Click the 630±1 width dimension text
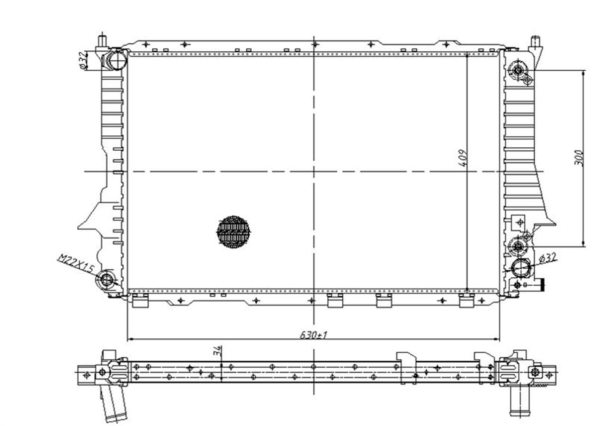click(x=313, y=335)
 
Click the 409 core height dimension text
click(x=464, y=158)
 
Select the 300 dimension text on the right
click(x=578, y=158)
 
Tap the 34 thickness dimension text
click(x=217, y=350)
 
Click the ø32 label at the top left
click(x=84, y=60)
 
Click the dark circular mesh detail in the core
click(x=233, y=231)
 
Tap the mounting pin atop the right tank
click(x=535, y=43)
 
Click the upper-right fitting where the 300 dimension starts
click(x=518, y=71)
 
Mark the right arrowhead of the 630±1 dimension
click(x=497, y=339)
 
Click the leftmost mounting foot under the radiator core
click(x=140, y=301)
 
